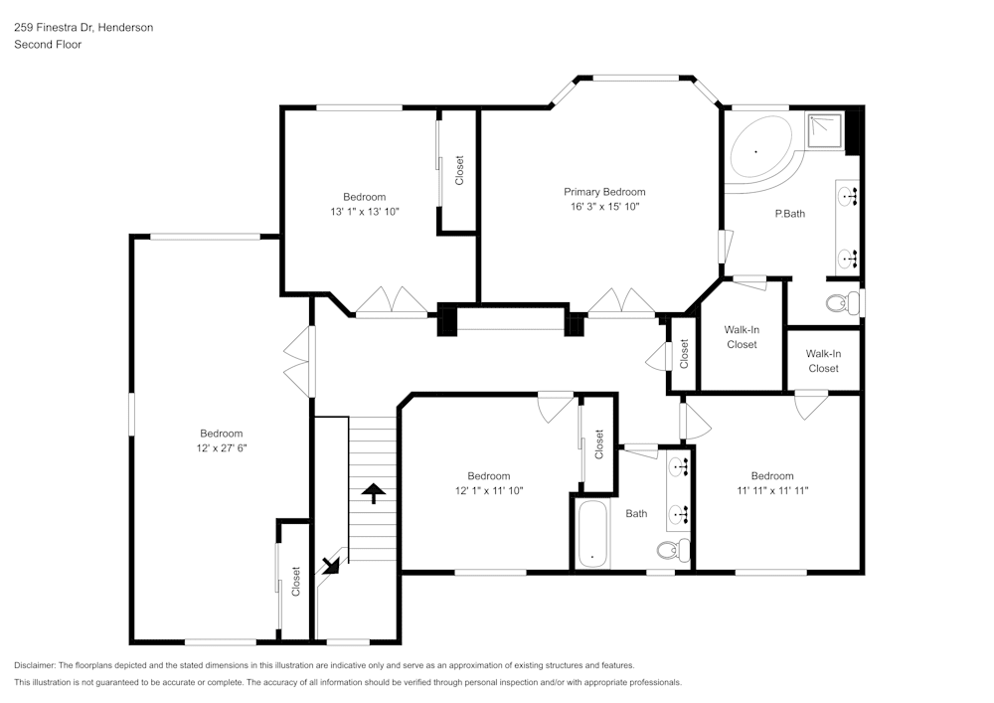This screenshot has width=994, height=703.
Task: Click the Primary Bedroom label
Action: click(x=604, y=192)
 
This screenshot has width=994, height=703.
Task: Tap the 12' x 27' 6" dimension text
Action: click(x=222, y=448)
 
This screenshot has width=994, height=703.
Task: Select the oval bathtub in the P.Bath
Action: click(x=760, y=151)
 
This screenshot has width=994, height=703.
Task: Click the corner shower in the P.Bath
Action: click(x=825, y=132)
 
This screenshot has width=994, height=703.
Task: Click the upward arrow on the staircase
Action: click(x=374, y=492)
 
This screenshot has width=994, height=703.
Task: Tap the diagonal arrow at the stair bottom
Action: click(x=331, y=564)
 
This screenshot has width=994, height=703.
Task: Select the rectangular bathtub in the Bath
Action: click(x=592, y=534)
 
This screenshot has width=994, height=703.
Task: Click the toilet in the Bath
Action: click(x=673, y=549)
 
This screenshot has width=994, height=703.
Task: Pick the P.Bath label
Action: click(x=790, y=214)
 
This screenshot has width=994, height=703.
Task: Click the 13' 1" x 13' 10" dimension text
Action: click(x=365, y=212)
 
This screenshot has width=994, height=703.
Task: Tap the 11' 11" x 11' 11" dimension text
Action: click(x=772, y=490)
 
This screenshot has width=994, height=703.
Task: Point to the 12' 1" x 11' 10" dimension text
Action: click(x=489, y=490)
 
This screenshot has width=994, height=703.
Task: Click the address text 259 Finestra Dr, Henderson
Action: click(x=83, y=27)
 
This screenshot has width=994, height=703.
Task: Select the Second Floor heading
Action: click(x=48, y=45)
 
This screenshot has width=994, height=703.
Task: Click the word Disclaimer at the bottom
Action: click(x=35, y=665)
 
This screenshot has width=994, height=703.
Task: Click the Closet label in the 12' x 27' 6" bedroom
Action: click(x=295, y=582)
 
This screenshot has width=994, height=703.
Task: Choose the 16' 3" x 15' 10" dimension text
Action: click(x=604, y=207)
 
